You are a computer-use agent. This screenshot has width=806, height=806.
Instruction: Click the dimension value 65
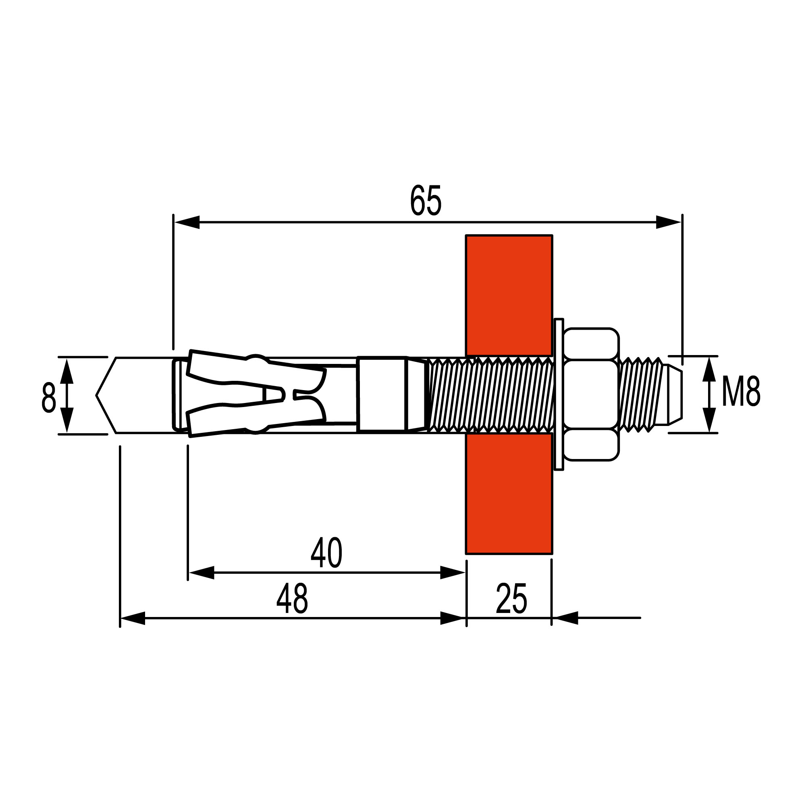[425, 201]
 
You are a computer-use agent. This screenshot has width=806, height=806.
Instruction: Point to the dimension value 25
[511, 599]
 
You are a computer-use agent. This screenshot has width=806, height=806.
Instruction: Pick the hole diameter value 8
[48, 398]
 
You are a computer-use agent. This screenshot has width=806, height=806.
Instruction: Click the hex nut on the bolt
[590, 395]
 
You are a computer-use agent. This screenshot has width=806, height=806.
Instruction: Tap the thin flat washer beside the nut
[559, 395]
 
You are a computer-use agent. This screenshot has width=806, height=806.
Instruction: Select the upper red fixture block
[509, 295]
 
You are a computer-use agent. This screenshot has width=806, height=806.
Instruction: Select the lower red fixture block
[509, 494]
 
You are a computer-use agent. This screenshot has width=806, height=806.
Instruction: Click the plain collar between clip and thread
[381, 394]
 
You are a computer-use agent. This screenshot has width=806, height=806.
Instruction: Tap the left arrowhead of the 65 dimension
[187, 222]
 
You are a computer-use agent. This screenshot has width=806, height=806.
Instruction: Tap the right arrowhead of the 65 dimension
[668, 222]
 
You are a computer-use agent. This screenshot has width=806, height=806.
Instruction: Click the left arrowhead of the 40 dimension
[201, 572]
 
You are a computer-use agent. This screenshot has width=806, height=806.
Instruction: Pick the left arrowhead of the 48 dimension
[133, 618]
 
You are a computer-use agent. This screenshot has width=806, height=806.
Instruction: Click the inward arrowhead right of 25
[565, 618]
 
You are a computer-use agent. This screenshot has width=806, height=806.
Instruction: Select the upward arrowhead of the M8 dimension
[709, 369]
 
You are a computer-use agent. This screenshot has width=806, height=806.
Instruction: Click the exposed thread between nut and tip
[641, 395]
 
